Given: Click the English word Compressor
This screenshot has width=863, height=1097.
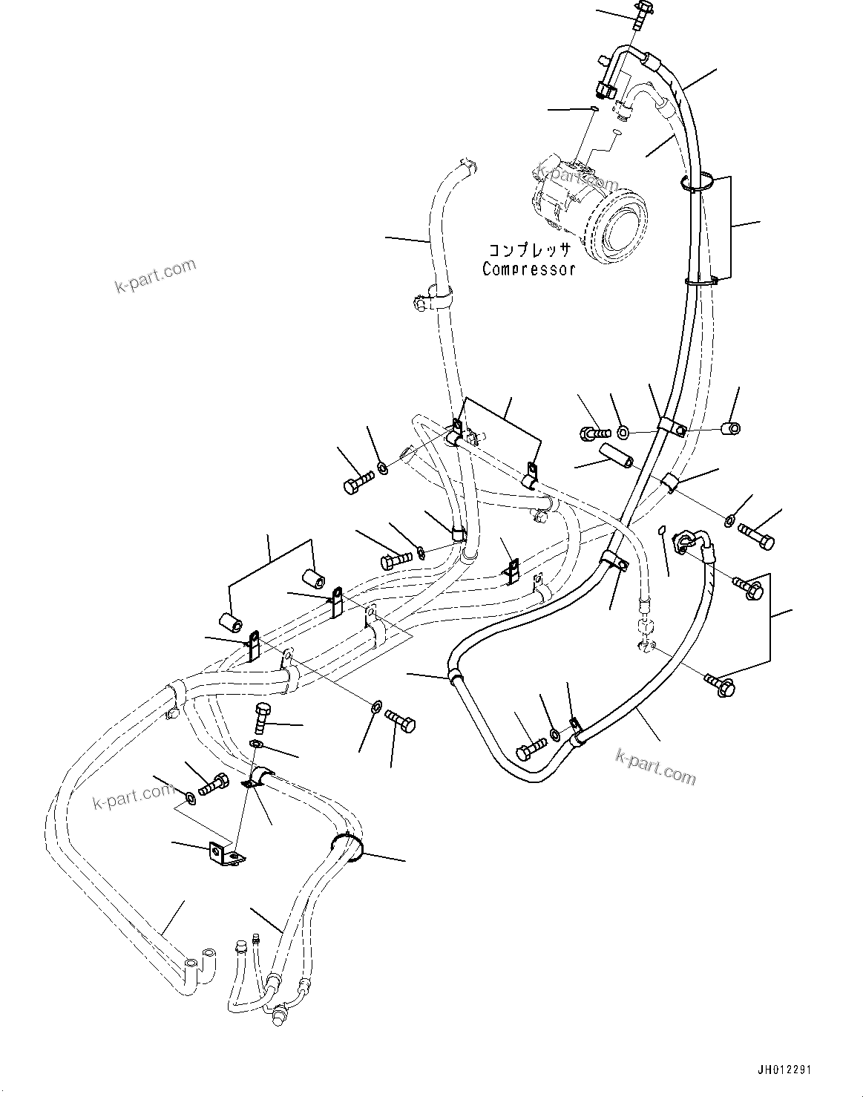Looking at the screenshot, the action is point(528,269).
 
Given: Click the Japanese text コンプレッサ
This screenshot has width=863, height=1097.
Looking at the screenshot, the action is point(528,251).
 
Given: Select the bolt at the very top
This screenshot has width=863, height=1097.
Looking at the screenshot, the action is point(640,14).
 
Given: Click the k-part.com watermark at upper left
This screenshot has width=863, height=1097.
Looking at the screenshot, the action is point(156,275).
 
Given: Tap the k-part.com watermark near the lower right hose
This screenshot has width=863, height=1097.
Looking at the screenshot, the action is point(655,766).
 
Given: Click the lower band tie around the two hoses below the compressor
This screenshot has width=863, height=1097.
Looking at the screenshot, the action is point(700,280).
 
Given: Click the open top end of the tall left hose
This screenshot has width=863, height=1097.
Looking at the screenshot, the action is point(467,165).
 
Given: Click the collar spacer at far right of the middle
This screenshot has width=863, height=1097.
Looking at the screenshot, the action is point(730,428).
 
